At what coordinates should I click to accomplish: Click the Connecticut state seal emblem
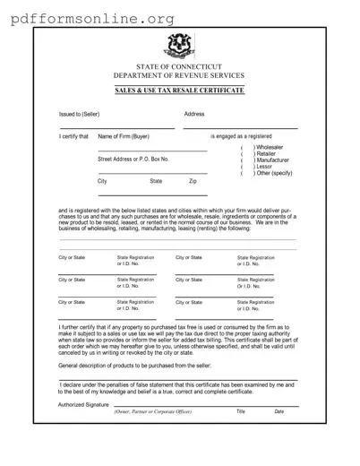click(179, 46)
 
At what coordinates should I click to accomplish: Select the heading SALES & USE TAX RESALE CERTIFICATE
click(179, 91)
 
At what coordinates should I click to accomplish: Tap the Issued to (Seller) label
click(79, 115)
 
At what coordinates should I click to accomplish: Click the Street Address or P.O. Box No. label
click(133, 159)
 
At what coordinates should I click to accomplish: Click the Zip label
click(193, 181)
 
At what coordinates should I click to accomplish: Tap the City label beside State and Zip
click(102, 181)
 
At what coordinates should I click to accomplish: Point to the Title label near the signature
click(240, 411)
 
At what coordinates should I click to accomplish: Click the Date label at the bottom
click(279, 411)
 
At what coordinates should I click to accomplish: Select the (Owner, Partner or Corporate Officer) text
click(152, 411)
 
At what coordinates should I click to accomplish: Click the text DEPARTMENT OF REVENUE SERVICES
click(179, 76)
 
